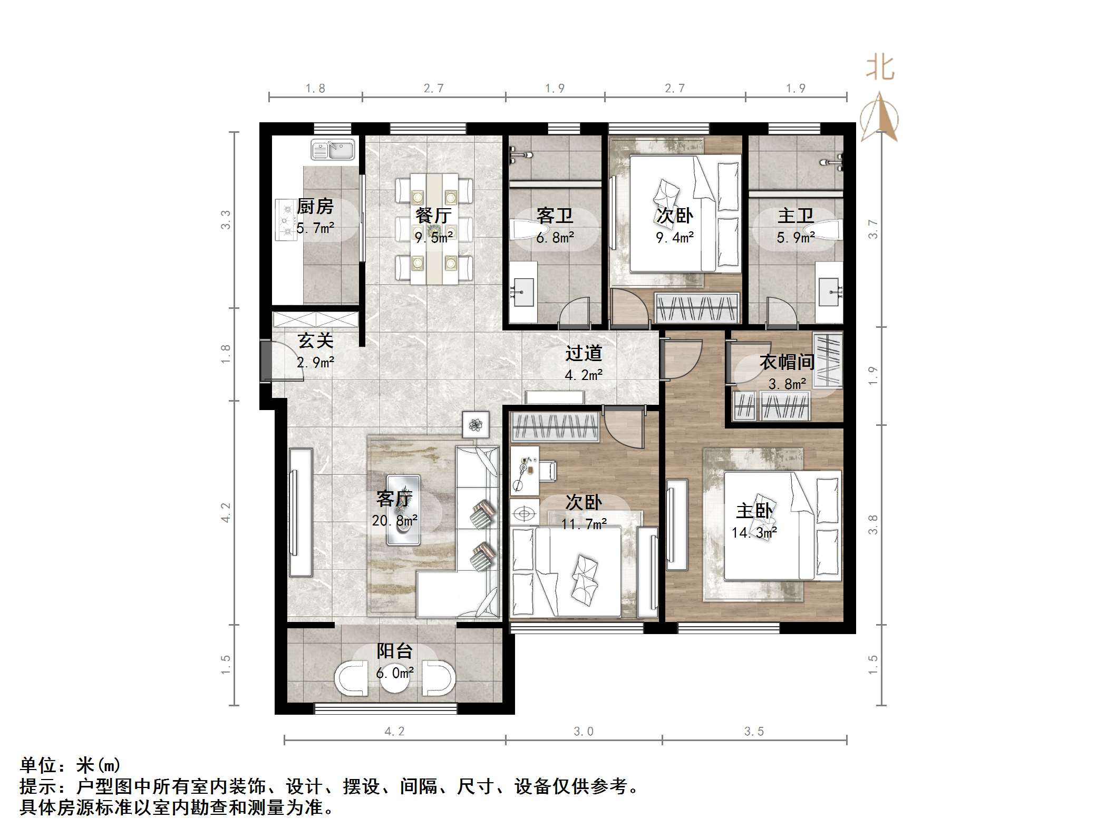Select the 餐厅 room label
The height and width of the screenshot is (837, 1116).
(433, 215)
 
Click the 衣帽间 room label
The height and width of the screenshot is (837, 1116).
(787, 362)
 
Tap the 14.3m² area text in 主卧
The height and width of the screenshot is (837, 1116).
(754, 533)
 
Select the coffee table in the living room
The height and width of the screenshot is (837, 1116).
(404, 510)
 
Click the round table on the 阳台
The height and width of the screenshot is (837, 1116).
(395, 681)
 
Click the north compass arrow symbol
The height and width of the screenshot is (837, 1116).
(879, 117)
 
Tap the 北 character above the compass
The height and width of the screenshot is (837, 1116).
(880, 69)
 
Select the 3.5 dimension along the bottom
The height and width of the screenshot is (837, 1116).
(754, 731)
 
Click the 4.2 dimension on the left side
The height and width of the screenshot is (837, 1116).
(226, 512)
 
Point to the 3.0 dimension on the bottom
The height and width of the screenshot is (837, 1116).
(584, 731)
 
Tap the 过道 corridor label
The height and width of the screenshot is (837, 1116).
(584, 353)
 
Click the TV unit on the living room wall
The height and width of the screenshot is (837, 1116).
(300, 512)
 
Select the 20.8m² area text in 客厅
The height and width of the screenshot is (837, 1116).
(394, 521)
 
